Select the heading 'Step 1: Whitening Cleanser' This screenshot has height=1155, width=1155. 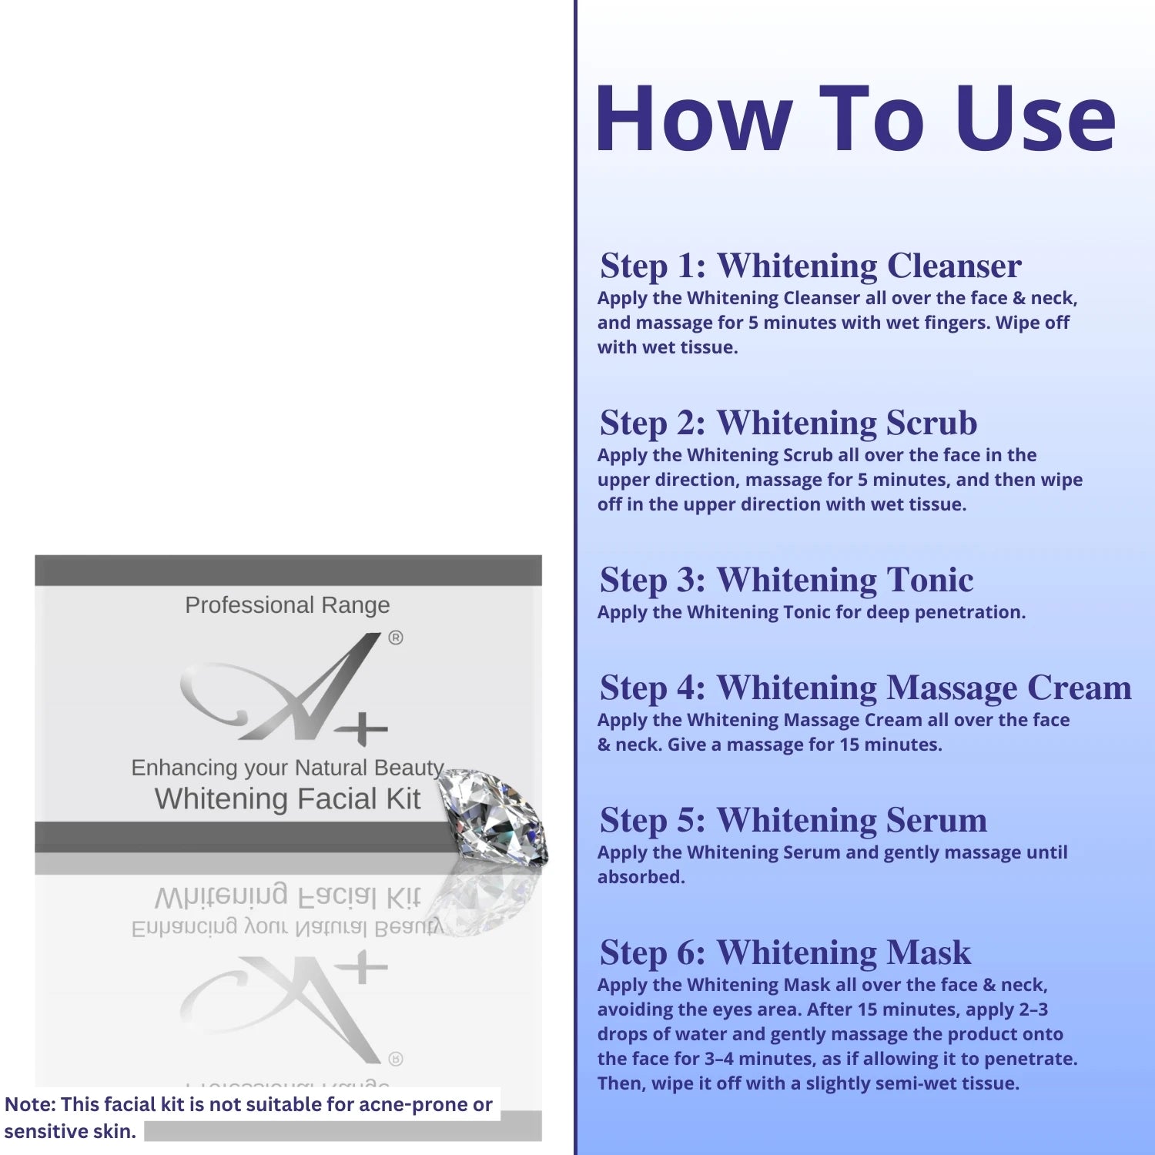click(x=811, y=266)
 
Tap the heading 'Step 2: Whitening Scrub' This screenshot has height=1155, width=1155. click(x=788, y=423)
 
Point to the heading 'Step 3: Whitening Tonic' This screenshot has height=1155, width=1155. click(x=787, y=580)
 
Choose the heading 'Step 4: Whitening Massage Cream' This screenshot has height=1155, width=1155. click(x=865, y=688)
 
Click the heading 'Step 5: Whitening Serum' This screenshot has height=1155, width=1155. click(x=793, y=820)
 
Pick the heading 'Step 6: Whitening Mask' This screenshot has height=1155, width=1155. click(x=785, y=952)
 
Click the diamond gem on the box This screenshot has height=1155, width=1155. click(x=493, y=816)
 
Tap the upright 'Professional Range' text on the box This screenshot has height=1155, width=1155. click(x=287, y=605)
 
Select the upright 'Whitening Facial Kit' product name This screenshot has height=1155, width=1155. click(x=288, y=798)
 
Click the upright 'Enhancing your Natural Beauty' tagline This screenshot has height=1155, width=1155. click(x=287, y=768)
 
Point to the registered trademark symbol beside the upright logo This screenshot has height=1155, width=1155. click(x=396, y=638)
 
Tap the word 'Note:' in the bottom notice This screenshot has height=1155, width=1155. click(x=30, y=1104)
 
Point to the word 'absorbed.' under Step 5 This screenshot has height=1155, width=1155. click(x=641, y=877)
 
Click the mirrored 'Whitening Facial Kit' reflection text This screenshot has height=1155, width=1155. click(x=288, y=897)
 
